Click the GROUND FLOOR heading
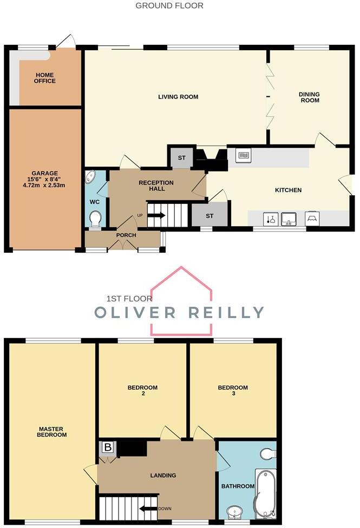[169, 6]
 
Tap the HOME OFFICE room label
[45, 78]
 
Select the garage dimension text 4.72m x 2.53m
[44, 185]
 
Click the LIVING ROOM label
[178, 97]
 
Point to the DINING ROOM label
[309, 97]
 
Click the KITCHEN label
[288, 190]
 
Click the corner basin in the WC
[91, 177]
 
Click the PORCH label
[126, 235]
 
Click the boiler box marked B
[107, 447]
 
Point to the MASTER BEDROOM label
[53, 432]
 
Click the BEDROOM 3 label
[233, 391]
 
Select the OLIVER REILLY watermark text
[179, 312]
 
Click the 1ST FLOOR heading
[129, 298]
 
